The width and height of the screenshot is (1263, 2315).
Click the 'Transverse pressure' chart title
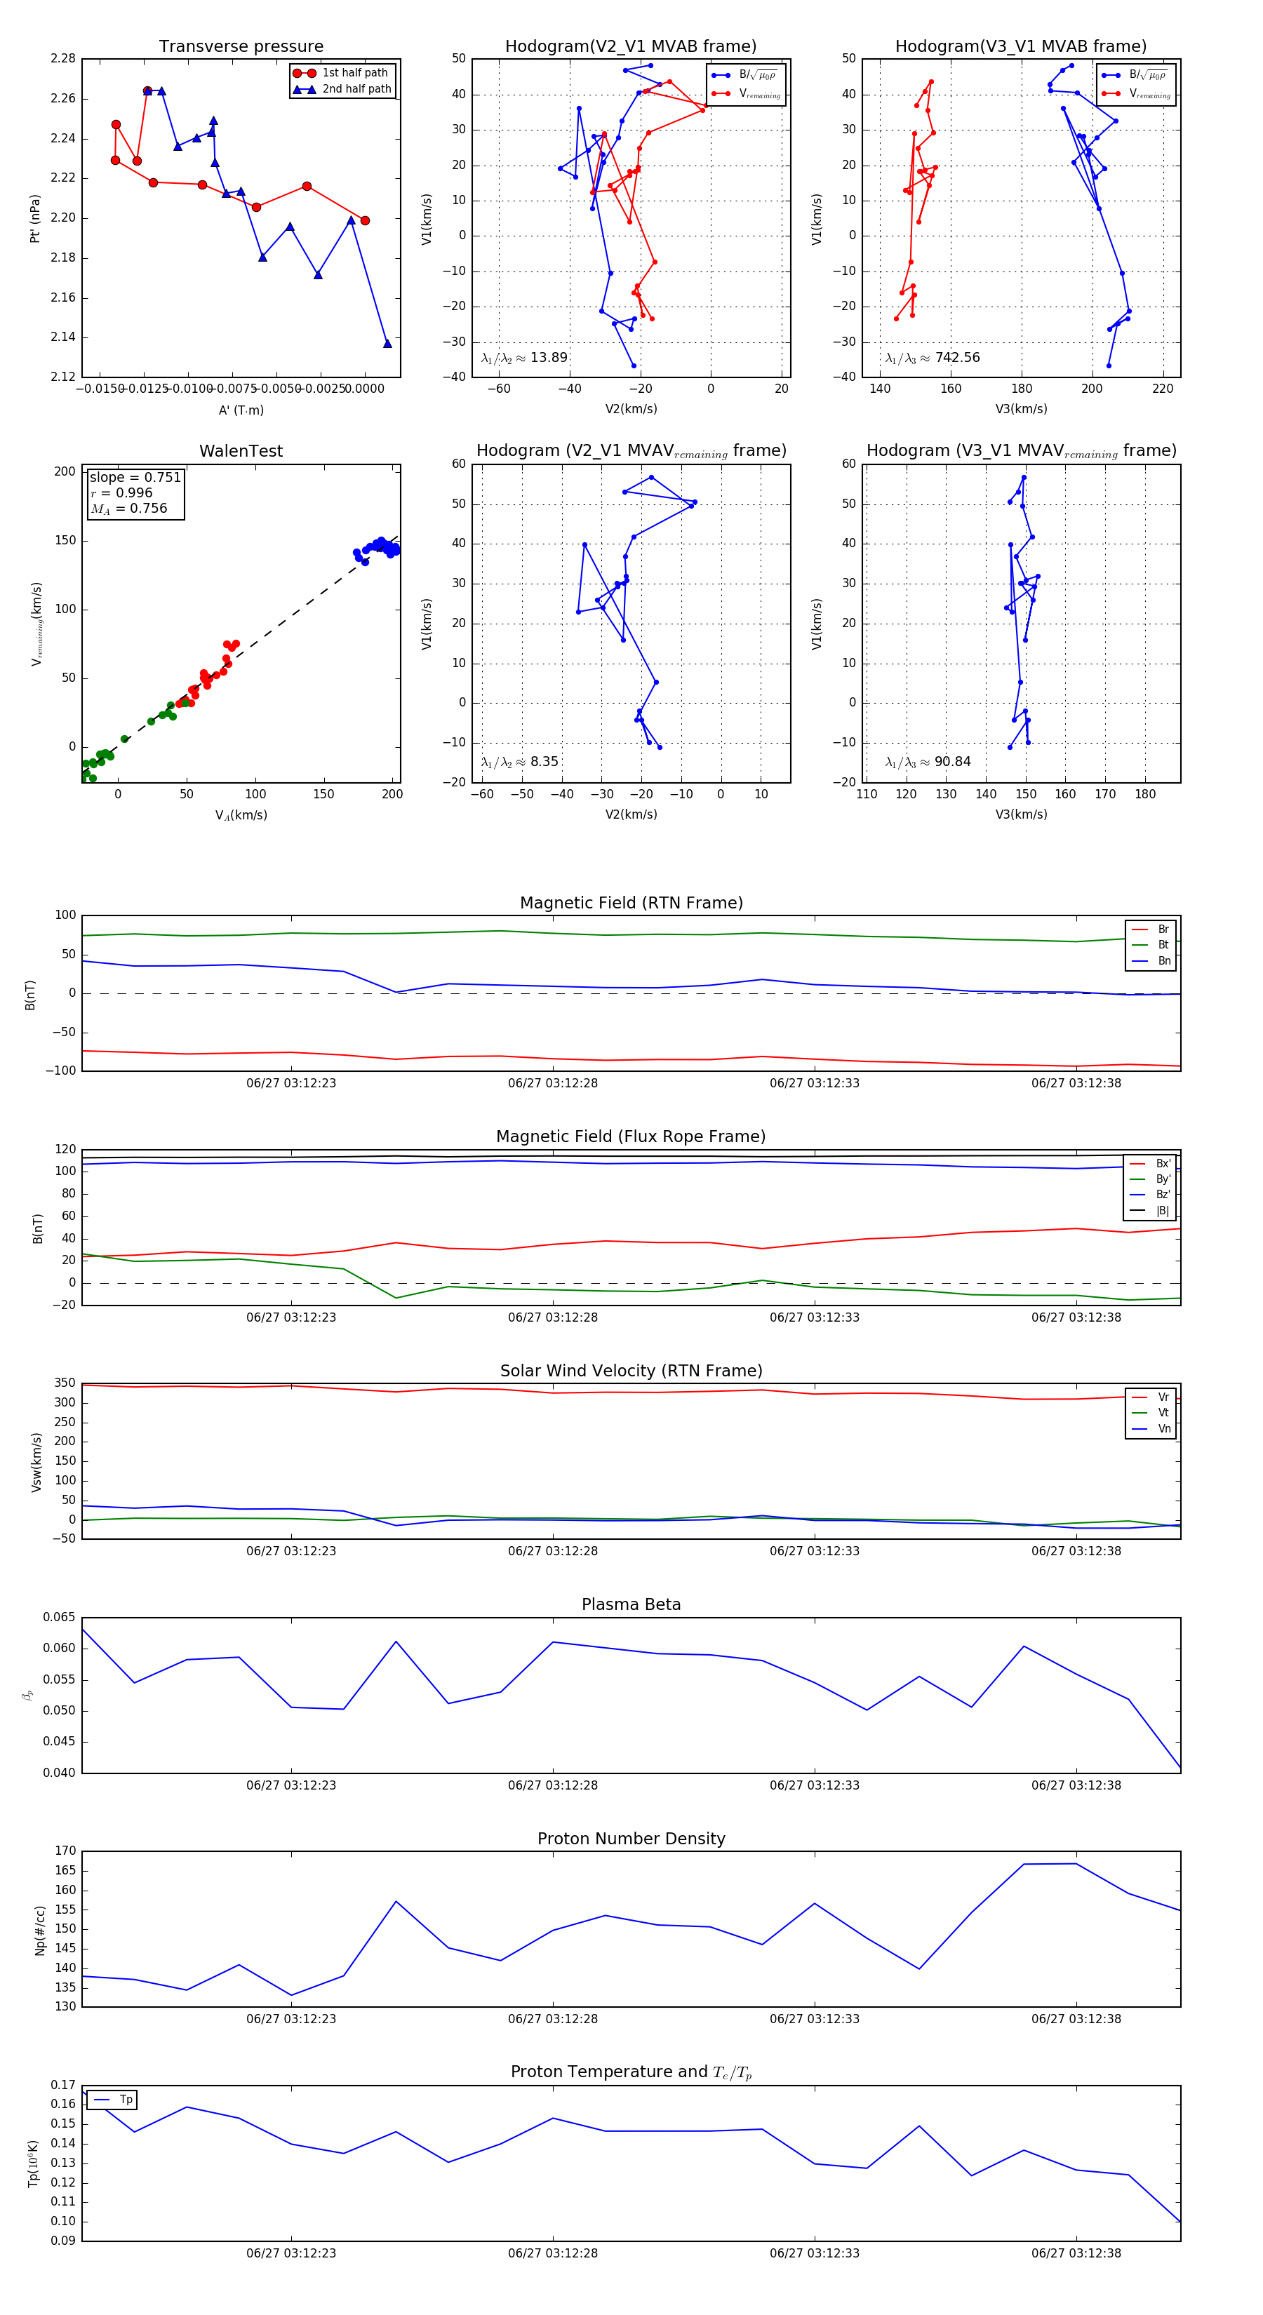(x=241, y=47)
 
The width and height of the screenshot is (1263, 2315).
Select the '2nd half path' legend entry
(x=356, y=89)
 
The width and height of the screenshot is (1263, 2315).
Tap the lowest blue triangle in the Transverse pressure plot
(x=387, y=343)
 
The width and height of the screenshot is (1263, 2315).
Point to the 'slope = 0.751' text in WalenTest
(x=135, y=477)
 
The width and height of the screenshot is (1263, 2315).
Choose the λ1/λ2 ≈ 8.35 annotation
(x=519, y=762)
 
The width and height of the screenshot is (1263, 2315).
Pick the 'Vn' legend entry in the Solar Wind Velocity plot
(x=1163, y=1429)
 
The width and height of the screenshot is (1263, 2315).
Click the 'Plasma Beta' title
(x=631, y=1604)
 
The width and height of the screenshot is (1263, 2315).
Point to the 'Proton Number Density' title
(x=631, y=1838)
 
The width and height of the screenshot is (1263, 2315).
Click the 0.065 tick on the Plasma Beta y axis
(x=60, y=1617)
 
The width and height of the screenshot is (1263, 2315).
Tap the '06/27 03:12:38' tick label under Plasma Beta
(x=1076, y=1785)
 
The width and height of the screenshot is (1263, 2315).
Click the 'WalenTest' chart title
(x=241, y=451)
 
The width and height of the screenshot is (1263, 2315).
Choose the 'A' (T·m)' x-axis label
(x=241, y=410)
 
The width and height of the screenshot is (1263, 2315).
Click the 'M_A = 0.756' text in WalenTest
(x=128, y=509)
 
